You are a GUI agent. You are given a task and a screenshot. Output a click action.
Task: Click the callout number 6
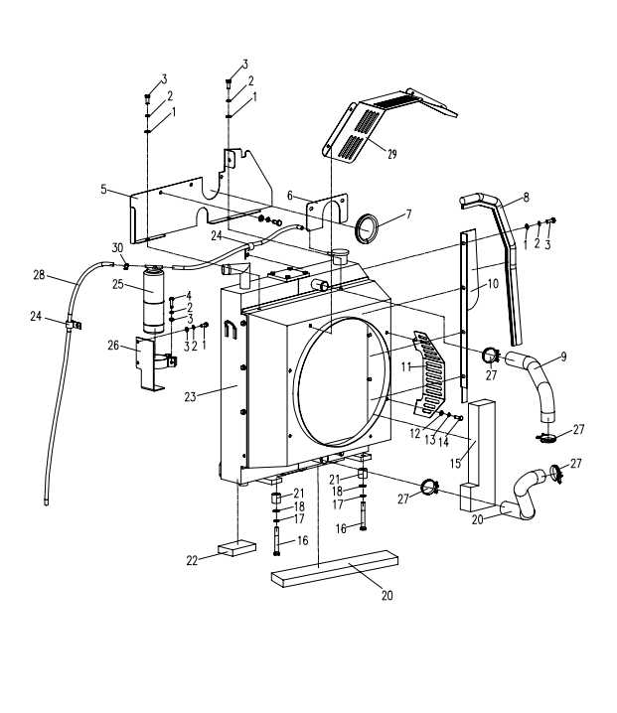pyautogui.click(x=290, y=196)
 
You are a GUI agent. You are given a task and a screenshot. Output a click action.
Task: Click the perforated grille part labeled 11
pyautogui.click(x=438, y=377)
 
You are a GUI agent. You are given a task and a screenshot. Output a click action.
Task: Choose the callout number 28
pyautogui.click(x=40, y=274)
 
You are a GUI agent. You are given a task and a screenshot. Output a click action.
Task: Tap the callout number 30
pyautogui.click(x=116, y=247)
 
